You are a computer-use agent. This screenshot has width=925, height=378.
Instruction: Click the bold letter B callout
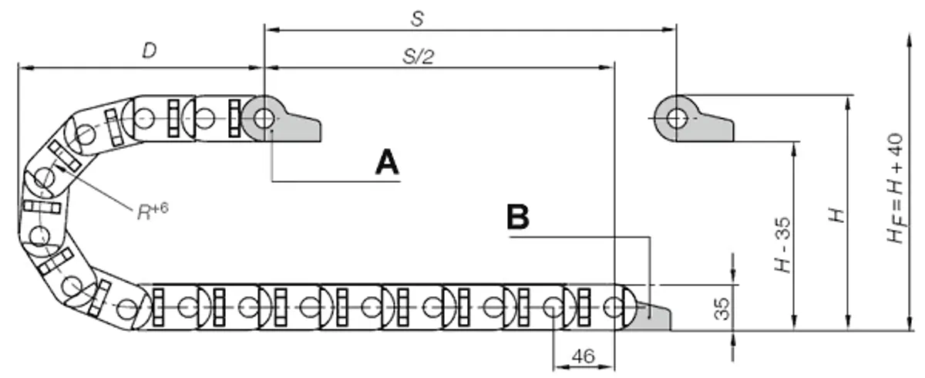518,217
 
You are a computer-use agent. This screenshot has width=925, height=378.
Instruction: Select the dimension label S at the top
418,19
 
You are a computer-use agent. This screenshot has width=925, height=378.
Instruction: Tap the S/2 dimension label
419,56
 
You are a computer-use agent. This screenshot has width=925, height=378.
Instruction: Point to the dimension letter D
150,51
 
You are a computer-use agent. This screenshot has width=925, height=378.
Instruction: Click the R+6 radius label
153,211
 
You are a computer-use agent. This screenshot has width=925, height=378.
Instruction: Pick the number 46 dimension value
583,356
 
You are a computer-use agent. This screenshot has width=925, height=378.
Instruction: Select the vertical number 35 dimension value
721,309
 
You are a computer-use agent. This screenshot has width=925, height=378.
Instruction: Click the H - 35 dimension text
782,245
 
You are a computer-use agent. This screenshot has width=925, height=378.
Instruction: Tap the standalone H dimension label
837,215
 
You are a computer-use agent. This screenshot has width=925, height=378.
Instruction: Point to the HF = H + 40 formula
896,188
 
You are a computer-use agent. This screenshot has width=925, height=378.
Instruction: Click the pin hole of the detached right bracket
677,119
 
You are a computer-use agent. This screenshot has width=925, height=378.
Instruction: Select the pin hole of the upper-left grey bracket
264,119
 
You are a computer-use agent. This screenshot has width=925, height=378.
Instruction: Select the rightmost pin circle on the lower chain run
614,307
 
